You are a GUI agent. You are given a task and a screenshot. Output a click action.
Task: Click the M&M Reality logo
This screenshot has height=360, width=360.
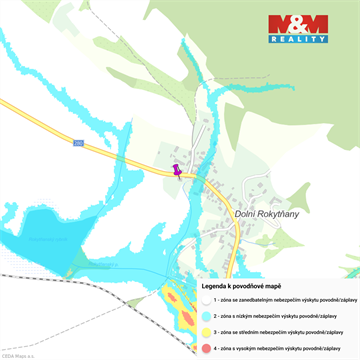click(297, 29)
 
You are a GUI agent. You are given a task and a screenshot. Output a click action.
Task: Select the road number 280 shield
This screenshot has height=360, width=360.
click(78, 143)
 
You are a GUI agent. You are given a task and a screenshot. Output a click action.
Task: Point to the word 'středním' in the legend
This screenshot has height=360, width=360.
click(258, 331)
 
